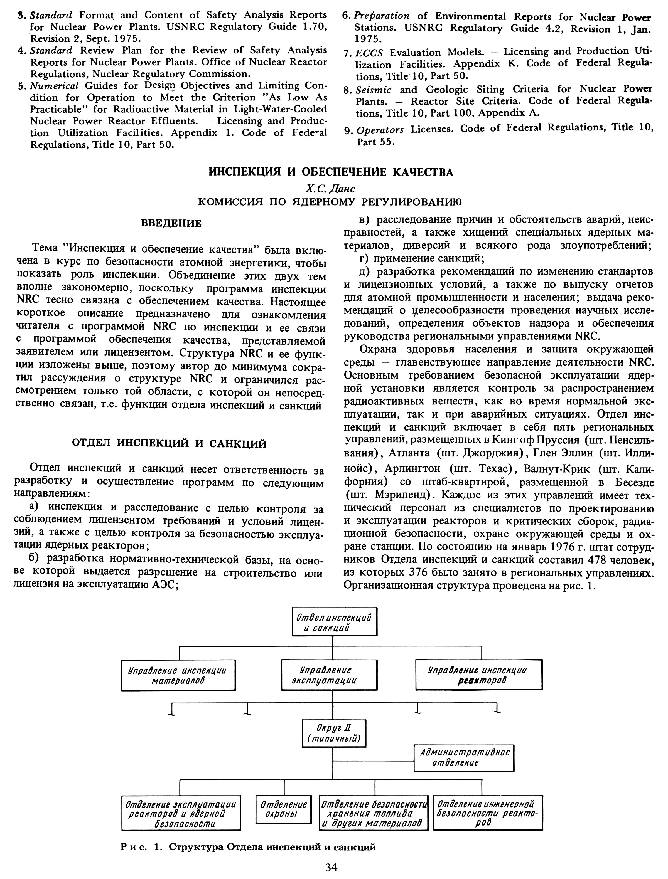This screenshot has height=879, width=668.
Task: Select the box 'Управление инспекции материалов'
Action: point(178,675)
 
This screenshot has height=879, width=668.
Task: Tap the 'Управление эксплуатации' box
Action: point(329,675)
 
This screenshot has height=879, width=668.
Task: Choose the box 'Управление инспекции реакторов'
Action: point(479,675)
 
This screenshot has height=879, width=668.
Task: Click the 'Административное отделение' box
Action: point(464,757)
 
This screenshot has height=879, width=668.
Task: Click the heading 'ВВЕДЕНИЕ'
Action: point(171,223)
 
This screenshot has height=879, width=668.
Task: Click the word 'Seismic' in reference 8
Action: point(373,90)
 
